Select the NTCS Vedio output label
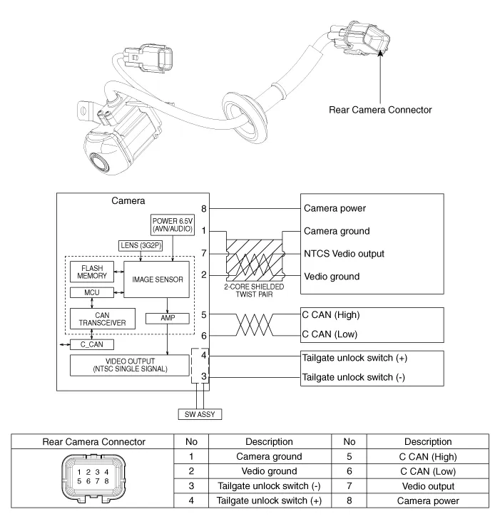click(354, 254)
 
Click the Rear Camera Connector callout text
click(380, 111)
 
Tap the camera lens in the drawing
click(98, 160)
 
